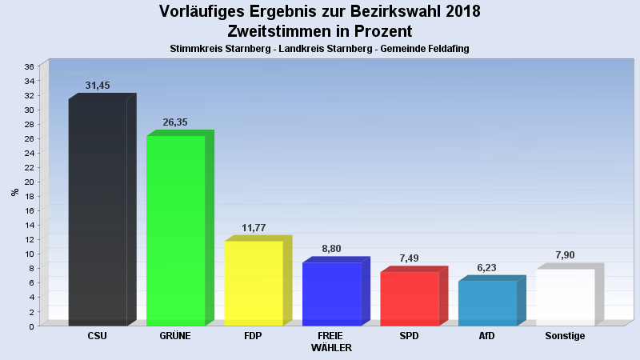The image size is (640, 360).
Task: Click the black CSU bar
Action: pos(98,212)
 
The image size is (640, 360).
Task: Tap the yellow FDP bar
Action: pos(254,283)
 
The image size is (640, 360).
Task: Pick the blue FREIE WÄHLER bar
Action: pos(331,294)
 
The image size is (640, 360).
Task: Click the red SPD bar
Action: pos(409,298)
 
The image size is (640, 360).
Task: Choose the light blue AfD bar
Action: pos(487,303)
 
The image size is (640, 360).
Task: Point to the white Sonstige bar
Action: pos(565,297)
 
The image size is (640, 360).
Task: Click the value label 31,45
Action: pos(98,86)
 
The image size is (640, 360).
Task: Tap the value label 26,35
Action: pos(175,122)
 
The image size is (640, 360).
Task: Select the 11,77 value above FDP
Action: pos(254,228)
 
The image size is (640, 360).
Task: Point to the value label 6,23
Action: pos(487,268)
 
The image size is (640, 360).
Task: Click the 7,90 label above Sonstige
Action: pos(565,255)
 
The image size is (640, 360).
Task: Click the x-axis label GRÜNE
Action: pos(175,336)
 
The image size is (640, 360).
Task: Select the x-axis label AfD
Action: pos(486,336)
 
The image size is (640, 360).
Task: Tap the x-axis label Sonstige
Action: pos(565,336)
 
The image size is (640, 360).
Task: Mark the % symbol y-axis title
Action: pos(14,192)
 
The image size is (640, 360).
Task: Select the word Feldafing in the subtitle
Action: pos(444,49)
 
